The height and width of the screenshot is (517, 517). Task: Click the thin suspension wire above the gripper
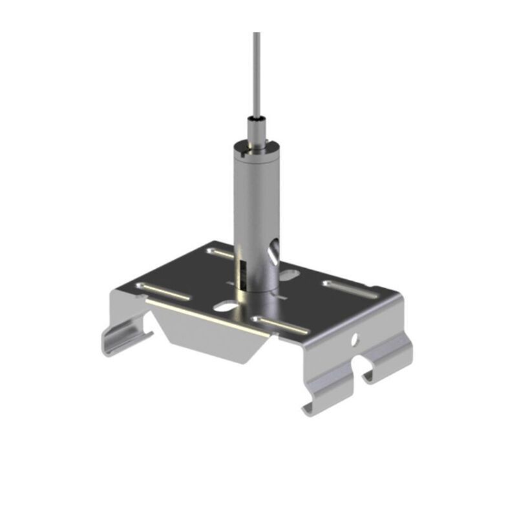click(257, 71)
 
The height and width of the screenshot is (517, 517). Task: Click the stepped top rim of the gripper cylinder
click(253, 148)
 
